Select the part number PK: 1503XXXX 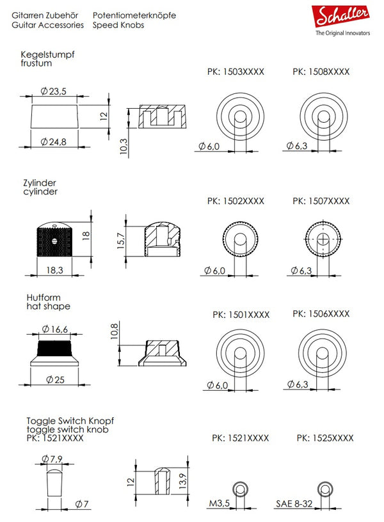pos(236,72)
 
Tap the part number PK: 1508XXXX pos(321,72)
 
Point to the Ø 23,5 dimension pos(54,92)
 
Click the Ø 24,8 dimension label pos(54,141)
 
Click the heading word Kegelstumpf pos(48,55)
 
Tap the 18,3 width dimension pos(54,271)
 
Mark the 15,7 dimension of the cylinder pos(121,241)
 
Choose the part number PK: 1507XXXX pos(321,201)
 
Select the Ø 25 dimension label pos(55,379)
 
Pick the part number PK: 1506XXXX pos(321,314)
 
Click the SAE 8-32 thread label pos(296,503)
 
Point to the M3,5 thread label pos(219,503)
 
